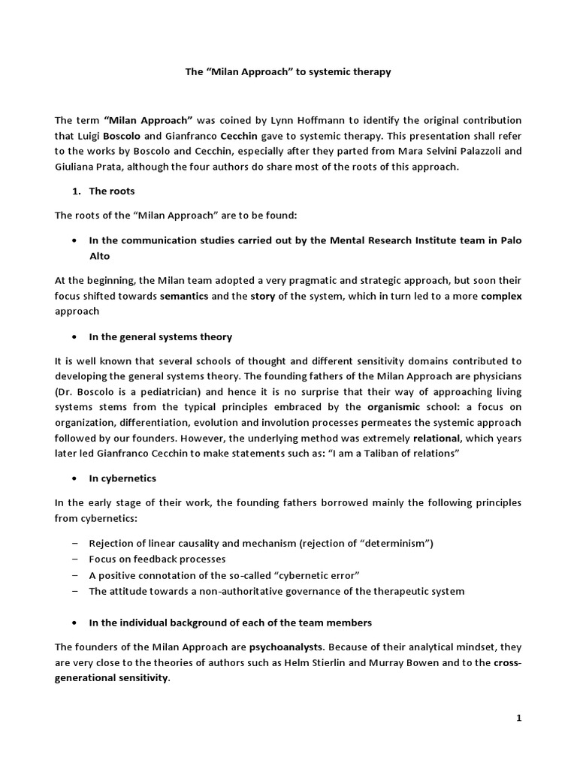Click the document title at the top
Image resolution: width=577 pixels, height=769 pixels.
point(288,72)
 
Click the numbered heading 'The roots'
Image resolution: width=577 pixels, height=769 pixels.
point(111,191)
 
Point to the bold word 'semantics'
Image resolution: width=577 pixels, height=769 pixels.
point(184,296)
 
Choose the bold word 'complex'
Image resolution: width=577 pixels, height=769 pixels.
point(501,296)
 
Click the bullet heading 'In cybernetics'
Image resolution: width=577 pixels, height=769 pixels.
point(122,478)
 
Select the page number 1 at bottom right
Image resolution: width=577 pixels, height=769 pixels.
point(518,718)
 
